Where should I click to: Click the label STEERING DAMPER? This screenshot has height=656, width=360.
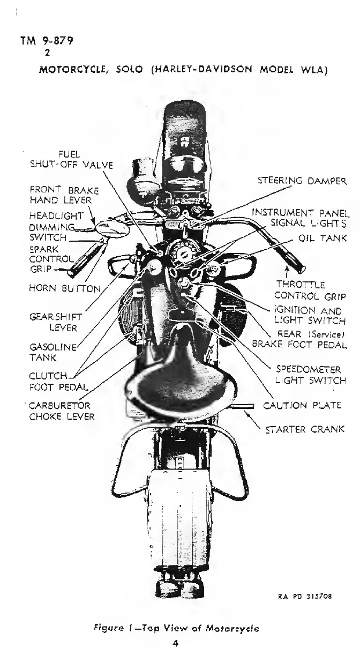tap(302, 181)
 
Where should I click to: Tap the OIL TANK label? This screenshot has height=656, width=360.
tap(318, 238)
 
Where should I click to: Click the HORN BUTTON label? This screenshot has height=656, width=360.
tap(65, 288)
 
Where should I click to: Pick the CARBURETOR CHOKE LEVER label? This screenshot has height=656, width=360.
tap(62, 411)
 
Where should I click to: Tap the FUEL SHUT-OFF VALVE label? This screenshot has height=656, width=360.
tap(71, 160)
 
